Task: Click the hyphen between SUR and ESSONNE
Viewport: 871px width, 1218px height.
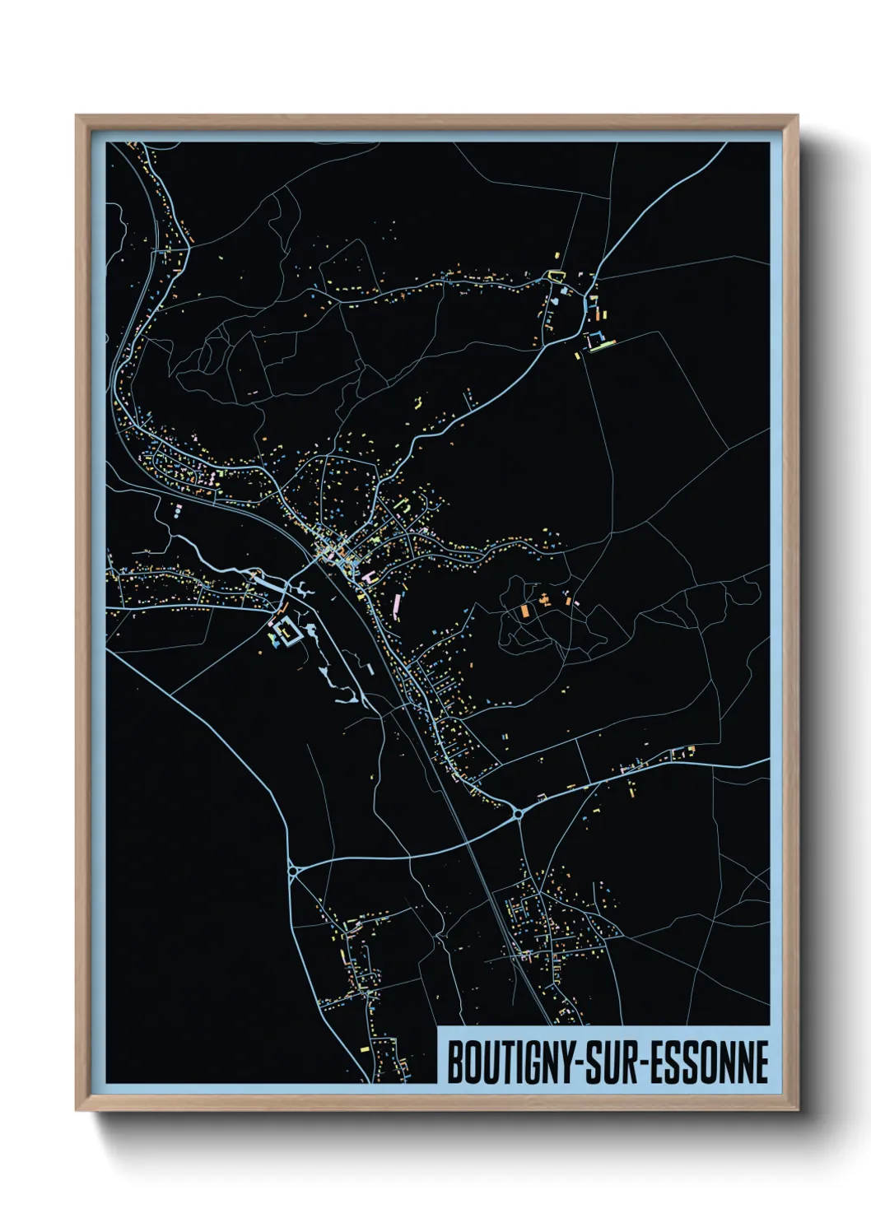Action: click(x=647, y=1063)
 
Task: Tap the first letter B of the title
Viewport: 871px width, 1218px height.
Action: click(x=454, y=1062)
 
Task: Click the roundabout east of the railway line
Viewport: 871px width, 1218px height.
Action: click(x=519, y=814)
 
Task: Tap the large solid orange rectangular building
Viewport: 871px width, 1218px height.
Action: click(x=524, y=611)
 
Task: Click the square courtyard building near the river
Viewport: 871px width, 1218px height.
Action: click(x=286, y=631)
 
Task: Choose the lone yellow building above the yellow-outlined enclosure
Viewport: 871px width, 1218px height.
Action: click(x=558, y=257)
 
